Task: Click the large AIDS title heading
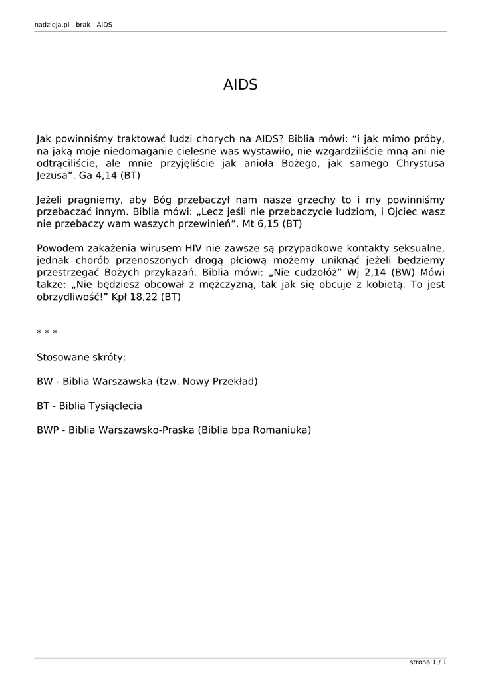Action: coord(240,85)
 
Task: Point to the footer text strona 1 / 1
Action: coord(428,662)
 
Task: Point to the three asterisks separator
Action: coord(47,333)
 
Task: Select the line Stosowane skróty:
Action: coord(81,357)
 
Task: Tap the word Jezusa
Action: coord(52,176)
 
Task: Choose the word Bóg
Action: coord(164,200)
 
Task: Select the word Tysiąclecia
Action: coord(100,406)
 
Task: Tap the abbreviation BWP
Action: coord(48,430)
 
